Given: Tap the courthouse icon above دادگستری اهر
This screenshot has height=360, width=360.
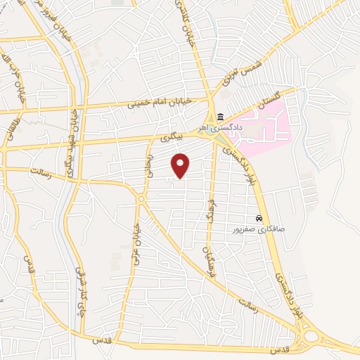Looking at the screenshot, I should (220, 117).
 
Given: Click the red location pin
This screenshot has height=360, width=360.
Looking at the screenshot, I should (181, 165).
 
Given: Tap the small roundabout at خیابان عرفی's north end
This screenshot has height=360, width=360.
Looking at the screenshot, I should (141, 199).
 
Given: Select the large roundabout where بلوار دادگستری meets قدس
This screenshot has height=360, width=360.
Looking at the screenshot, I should (309, 338).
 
